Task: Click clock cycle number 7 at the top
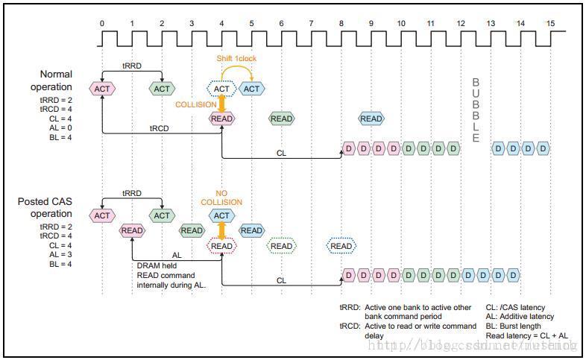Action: click(311, 23)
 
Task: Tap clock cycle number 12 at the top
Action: click(461, 23)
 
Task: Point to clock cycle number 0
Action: click(102, 23)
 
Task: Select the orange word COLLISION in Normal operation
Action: click(196, 104)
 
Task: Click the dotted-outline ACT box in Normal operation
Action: click(221, 89)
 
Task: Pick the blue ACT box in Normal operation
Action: click(252, 89)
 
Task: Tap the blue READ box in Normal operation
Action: click(371, 119)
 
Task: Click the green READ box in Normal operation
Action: click(281, 119)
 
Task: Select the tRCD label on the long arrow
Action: click(160, 127)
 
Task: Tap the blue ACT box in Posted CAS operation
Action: click(221, 215)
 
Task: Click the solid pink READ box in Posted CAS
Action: click(132, 230)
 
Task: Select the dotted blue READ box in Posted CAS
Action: click(341, 246)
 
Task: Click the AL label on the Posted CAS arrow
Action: click(177, 254)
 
